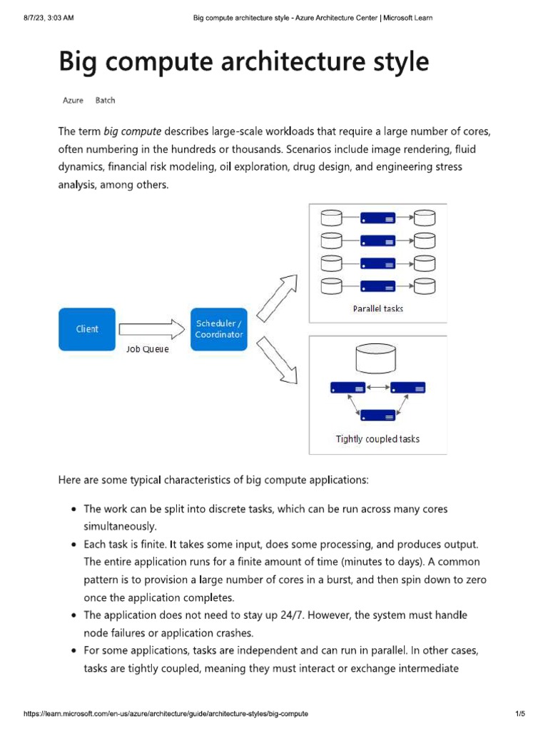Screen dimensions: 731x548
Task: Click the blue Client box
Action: [87, 329]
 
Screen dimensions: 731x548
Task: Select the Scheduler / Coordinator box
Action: [219, 329]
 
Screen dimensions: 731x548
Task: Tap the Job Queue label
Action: [148, 349]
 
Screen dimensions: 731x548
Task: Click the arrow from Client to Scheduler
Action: [151, 329]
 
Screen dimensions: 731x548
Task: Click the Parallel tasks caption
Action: [377, 308]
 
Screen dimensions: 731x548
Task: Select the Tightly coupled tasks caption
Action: [377, 439]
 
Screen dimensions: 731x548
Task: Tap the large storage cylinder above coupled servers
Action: [377, 358]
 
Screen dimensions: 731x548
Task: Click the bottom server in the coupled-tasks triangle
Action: [377, 415]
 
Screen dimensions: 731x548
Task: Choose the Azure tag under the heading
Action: [73, 101]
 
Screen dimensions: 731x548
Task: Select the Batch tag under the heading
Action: [105, 101]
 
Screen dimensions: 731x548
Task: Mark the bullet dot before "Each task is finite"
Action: [75, 545]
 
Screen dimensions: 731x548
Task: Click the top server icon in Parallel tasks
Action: [377, 216]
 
